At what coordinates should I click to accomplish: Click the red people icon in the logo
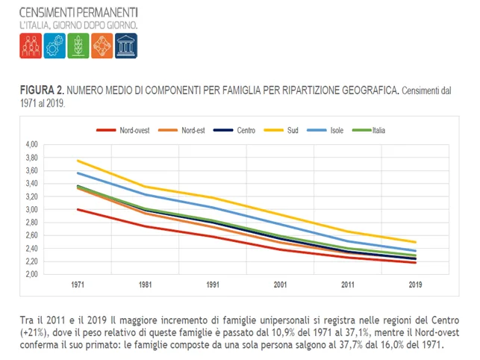(x=31, y=46)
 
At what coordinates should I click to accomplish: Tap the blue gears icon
(x=54, y=46)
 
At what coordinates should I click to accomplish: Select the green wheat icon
(x=78, y=46)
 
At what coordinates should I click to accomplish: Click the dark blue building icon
(x=126, y=46)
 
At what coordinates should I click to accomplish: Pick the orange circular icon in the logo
(x=102, y=46)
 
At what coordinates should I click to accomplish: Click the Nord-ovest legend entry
(x=122, y=130)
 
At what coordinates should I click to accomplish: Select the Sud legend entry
(x=281, y=130)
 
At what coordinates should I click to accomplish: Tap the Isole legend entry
(x=325, y=130)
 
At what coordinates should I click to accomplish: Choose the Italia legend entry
(x=369, y=130)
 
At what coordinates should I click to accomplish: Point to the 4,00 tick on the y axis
(x=32, y=144)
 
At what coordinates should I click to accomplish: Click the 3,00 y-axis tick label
(x=32, y=210)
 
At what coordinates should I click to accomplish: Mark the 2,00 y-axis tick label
(x=32, y=274)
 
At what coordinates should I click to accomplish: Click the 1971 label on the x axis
(x=78, y=285)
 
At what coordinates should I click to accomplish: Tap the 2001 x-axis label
(x=280, y=285)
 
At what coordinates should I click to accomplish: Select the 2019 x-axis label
(x=415, y=285)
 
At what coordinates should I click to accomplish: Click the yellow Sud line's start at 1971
(x=78, y=161)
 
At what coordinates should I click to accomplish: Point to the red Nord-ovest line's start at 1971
(x=78, y=210)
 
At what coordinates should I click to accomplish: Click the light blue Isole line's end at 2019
(x=415, y=251)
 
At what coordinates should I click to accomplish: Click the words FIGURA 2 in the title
(x=42, y=90)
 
